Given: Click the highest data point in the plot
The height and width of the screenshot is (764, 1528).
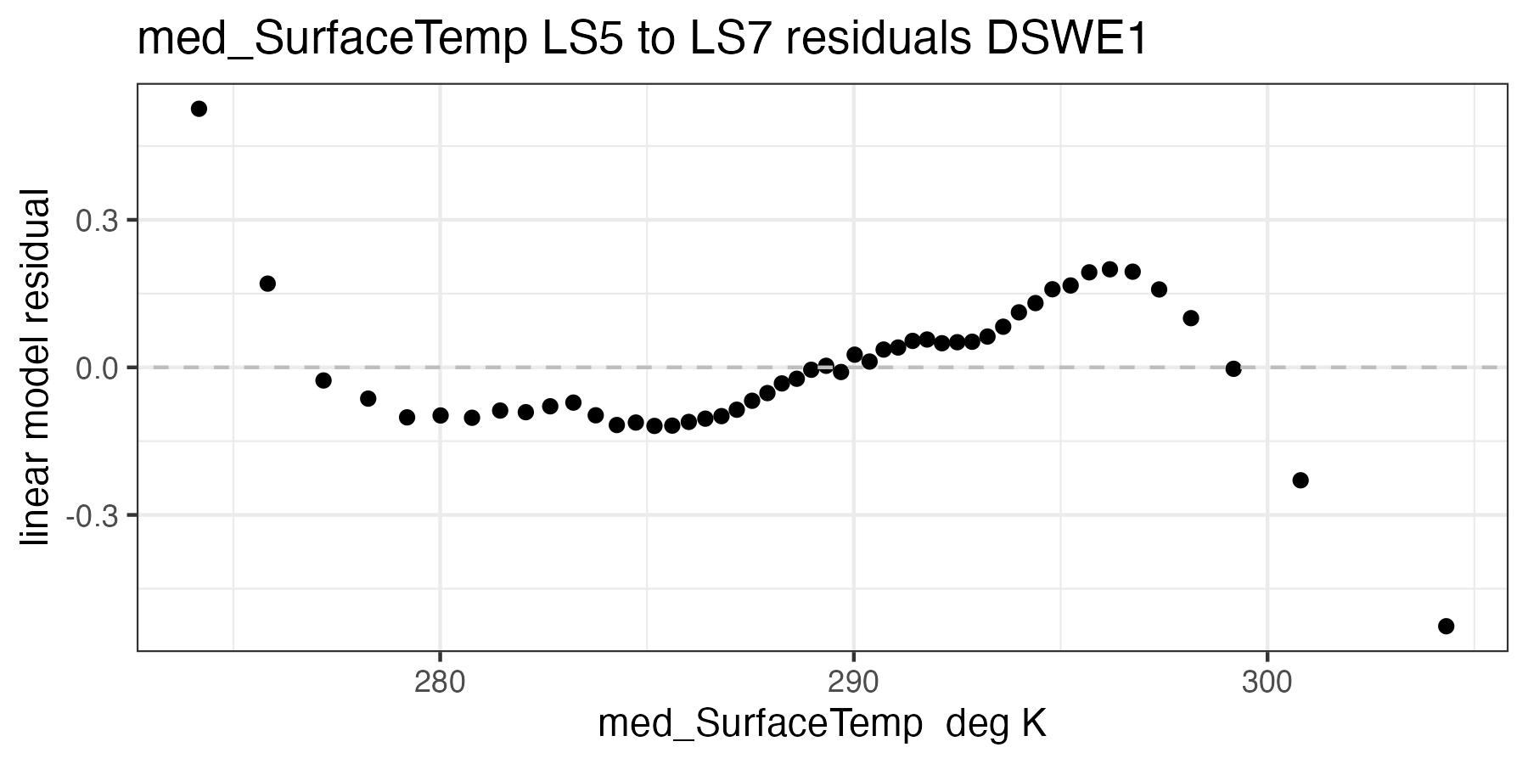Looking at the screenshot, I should click(199, 109).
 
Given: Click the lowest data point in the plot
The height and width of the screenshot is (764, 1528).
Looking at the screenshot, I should click(1446, 626).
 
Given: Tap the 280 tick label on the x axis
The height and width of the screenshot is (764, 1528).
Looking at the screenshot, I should click(439, 683).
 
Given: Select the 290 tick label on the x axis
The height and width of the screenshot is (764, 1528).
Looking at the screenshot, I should click(853, 683).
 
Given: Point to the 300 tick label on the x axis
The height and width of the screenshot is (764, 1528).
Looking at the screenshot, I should click(1267, 683).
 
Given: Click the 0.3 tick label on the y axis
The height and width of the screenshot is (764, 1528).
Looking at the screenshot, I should click(95, 221).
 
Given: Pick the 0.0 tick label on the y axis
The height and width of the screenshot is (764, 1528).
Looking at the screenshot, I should click(95, 368).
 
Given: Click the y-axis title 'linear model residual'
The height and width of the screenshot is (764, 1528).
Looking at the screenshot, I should click(37, 368).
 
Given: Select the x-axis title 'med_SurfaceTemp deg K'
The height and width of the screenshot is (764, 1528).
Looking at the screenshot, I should click(822, 725).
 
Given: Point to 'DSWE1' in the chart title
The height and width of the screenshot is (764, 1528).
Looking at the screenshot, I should click(1065, 39).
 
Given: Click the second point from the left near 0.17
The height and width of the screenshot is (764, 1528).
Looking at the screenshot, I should click(267, 284).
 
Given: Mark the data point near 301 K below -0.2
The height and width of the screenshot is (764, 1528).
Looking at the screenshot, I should click(1300, 480).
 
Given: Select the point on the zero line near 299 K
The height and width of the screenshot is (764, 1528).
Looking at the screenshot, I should click(1233, 368).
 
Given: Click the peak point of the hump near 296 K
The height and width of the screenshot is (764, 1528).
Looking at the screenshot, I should click(1109, 269).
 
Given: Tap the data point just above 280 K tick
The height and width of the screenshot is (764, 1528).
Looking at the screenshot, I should click(440, 415).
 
